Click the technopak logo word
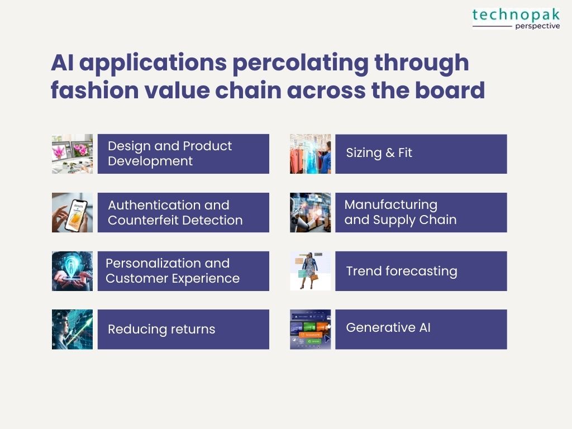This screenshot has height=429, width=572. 516,15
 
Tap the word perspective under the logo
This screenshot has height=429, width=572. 537,26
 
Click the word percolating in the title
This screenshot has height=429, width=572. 300,63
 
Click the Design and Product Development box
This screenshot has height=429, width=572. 183,154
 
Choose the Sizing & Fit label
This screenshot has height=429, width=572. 379,152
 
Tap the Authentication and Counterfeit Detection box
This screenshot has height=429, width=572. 183,212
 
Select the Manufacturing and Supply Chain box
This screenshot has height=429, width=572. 421,212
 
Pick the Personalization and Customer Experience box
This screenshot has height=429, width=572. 183,271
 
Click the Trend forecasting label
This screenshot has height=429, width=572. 402,271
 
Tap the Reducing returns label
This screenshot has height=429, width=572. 161,329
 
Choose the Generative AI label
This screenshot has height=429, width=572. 388,327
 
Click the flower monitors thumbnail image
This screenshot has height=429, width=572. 72,154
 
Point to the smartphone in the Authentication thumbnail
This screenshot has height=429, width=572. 76,215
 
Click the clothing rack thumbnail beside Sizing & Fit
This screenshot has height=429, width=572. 310,154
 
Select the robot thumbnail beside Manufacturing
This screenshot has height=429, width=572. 310,212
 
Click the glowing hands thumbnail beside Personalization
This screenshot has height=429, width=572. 72,271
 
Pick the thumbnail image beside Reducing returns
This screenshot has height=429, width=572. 72,330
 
